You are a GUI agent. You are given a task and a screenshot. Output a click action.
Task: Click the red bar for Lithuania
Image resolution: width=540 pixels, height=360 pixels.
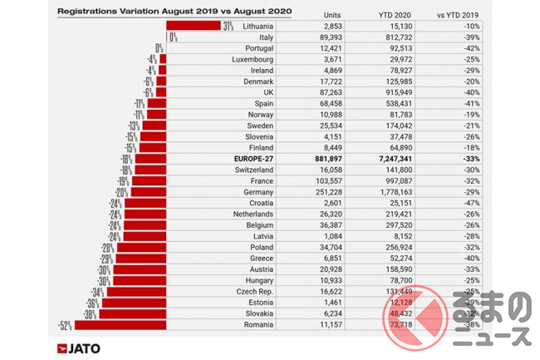click(194, 27)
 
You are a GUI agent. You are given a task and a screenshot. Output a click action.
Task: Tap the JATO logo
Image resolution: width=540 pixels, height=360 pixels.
click(79, 348)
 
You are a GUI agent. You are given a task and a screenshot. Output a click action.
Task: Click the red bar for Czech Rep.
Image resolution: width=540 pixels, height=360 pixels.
click(136, 292)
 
